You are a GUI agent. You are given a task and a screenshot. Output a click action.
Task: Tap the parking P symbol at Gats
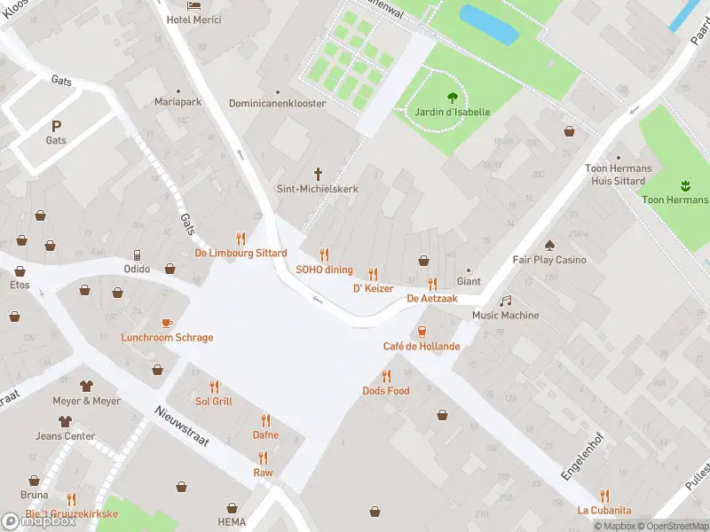click(57, 126)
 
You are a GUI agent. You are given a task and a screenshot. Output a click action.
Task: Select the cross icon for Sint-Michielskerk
click(319, 173)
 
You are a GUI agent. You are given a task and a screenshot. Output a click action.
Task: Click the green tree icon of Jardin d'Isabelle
click(453, 98)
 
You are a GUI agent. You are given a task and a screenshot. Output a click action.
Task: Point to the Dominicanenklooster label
click(278, 104)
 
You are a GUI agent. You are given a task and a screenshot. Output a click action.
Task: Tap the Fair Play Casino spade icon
click(549, 246)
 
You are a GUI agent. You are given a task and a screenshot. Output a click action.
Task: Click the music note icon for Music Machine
click(505, 301)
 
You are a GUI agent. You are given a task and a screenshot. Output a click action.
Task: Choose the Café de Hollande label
click(422, 346)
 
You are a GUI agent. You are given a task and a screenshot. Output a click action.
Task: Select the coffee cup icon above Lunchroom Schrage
click(167, 324)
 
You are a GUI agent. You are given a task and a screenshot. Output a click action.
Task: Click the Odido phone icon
click(137, 255)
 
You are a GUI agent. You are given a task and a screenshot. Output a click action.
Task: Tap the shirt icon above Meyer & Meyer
click(86, 387)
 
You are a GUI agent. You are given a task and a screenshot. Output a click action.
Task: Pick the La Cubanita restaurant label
click(604, 510)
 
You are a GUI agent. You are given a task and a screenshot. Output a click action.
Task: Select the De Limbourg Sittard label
click(241, 253)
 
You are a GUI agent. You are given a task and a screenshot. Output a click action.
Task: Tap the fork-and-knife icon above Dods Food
click(386, 377)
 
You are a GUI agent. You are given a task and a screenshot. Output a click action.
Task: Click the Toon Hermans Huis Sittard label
click(619, 175)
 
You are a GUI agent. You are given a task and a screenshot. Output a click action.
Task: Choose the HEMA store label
click(232, 522)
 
